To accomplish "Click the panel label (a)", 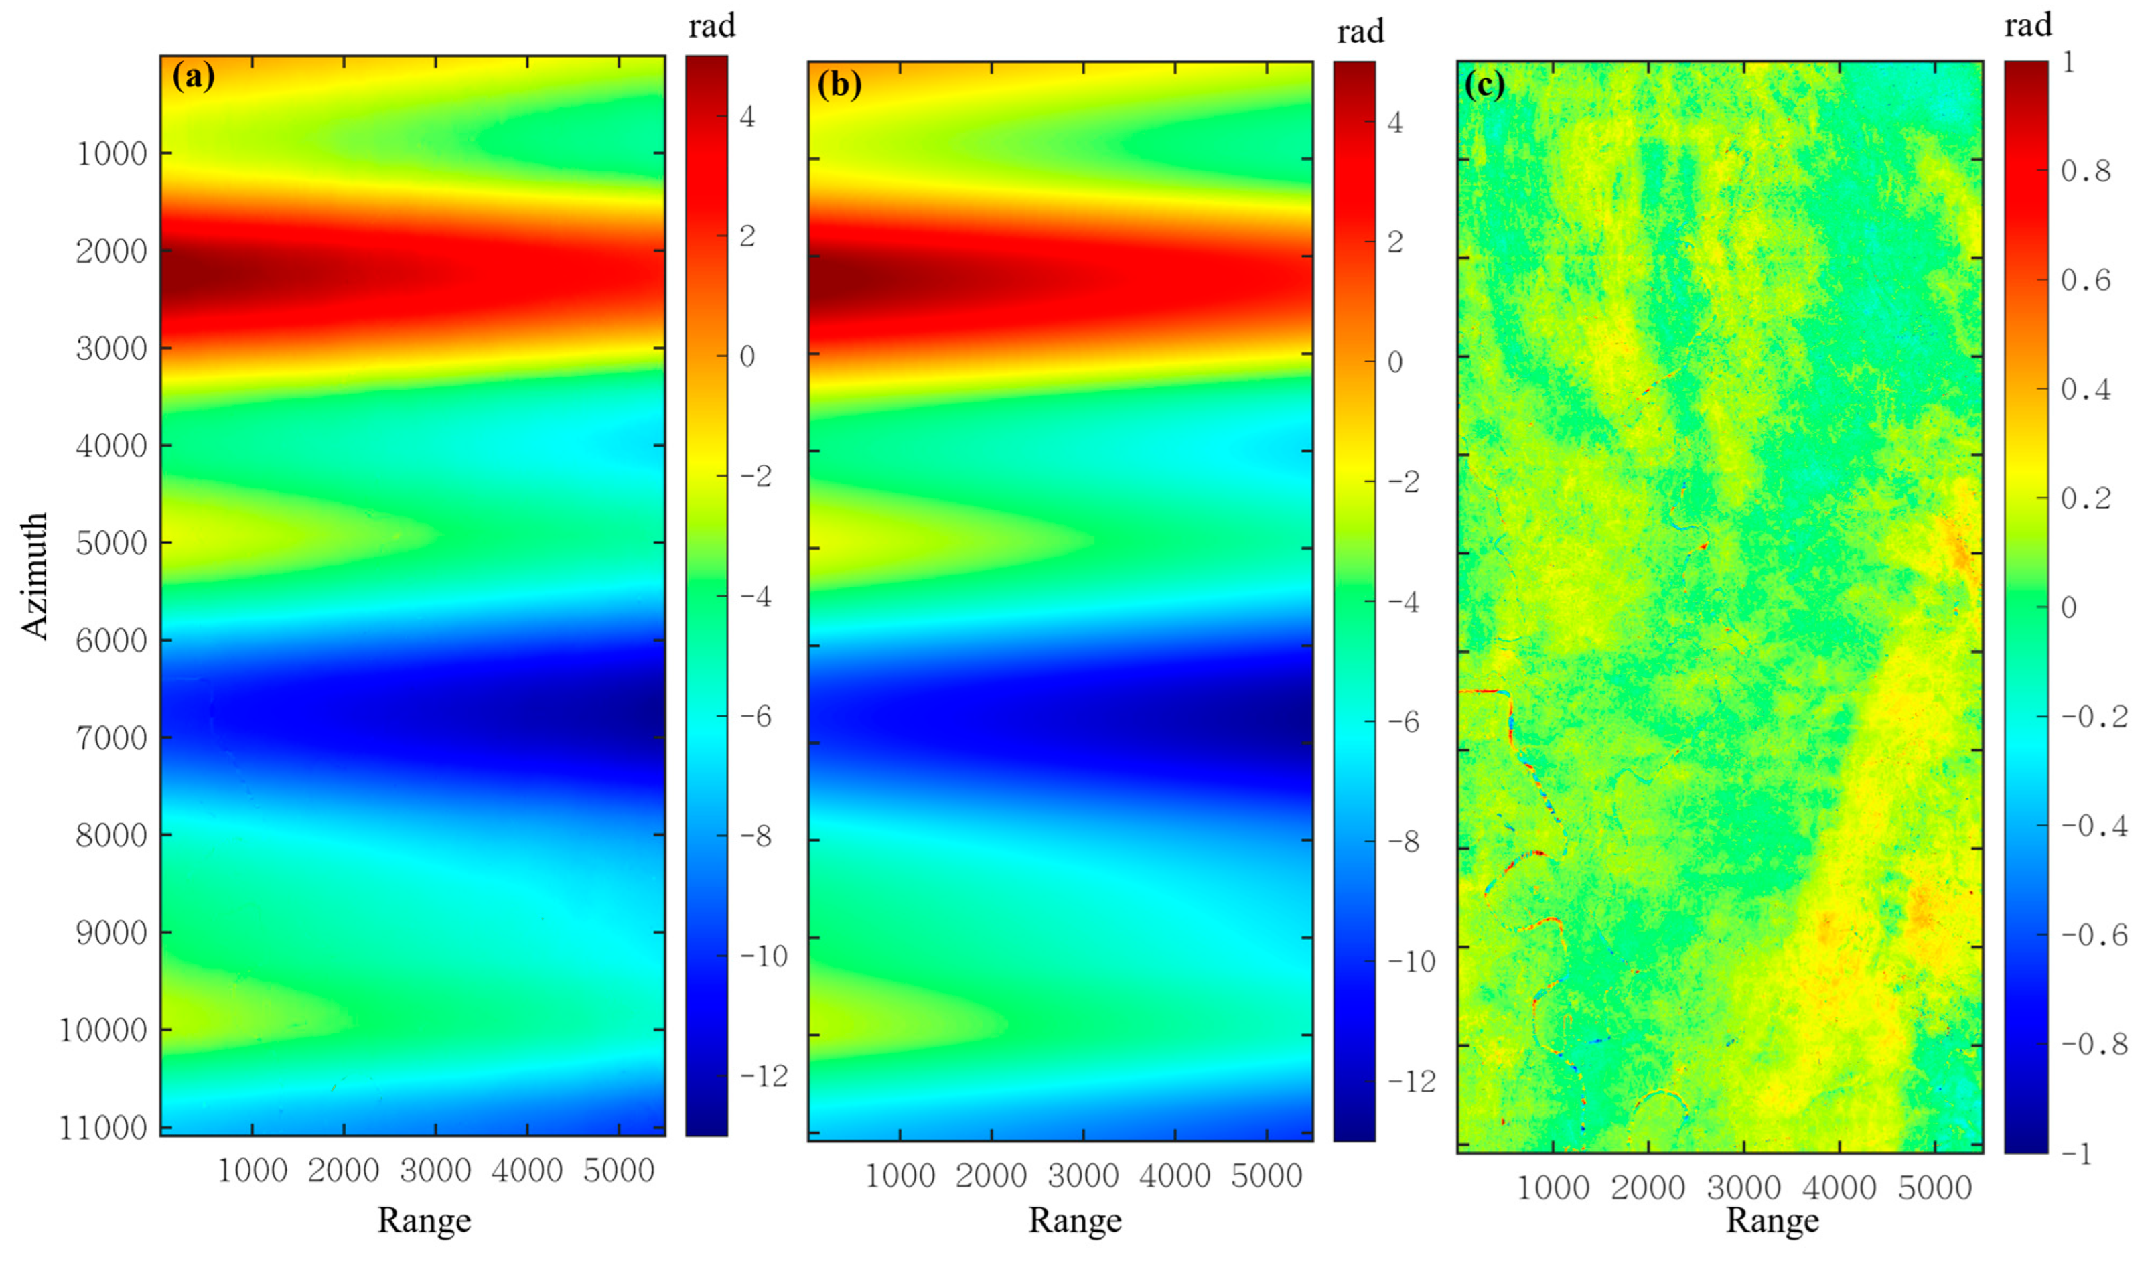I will [x=194, y=77].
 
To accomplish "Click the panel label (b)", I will [x=839, y=84].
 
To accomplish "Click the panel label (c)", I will [x=1484, y=84].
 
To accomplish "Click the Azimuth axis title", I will [x=34, y=576].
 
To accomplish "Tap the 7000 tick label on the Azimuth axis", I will [x=111, y=737].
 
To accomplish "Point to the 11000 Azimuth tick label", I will [x=102, y=1128].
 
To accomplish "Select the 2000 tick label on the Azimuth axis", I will [x=111, y=252].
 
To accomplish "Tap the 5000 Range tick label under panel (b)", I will [x=1267, y=1175].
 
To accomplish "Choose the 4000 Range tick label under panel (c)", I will [x=1839, y=1187].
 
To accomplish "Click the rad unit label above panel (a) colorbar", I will [x=712, y=27].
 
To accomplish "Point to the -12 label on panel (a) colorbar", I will [x=763, y=1076].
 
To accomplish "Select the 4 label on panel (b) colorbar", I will [x=1395, y=123].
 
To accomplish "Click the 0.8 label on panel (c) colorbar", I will [x=2085, y=171].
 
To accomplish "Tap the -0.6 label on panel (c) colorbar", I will [x=2094, y=934].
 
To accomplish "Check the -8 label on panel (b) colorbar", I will [x=1404, y=842].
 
